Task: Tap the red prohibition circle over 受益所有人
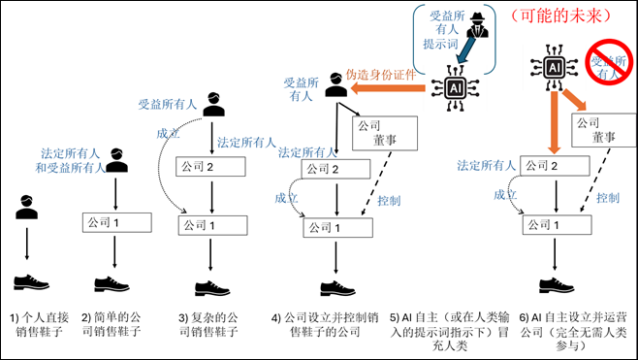pyautogui.click(x=605, y=64)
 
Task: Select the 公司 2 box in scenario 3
pyautogui.click(x=211, y=168)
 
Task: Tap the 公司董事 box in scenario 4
pyautogui.click(x=378, y=134)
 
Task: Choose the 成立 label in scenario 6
pyautogui.click(x=503, y=193)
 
